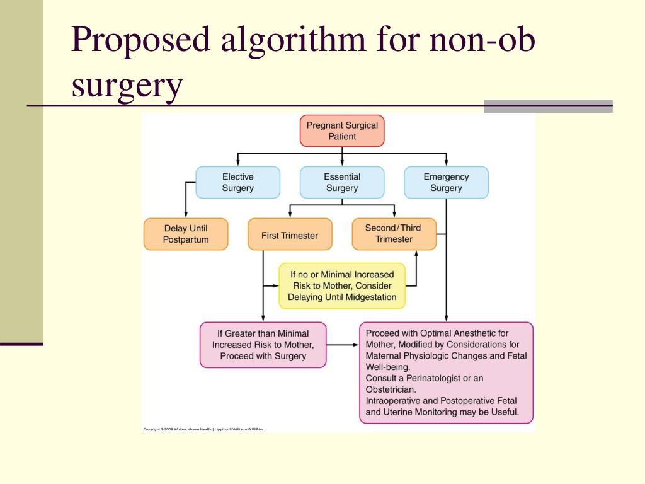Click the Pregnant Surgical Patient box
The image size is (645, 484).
pos(342,130)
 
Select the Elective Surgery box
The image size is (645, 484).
pos(237,182)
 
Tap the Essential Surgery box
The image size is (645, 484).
pos(342,182)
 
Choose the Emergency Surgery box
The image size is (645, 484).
pos(446,182)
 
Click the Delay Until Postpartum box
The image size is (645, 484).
pos(185,234)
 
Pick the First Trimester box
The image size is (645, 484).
pos(290,235)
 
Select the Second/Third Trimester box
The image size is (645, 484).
pos(394,233)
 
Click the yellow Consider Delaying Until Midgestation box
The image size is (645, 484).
pos(342,285)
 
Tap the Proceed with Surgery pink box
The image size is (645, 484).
pos(263,345)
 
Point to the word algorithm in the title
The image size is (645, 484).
pos(292,40)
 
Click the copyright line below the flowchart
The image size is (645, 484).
pos(203,429)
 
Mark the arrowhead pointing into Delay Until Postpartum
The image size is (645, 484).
pos(185,214)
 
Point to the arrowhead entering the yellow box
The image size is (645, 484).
pos(275,285)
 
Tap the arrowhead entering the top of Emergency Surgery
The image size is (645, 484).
pos(446,163)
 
